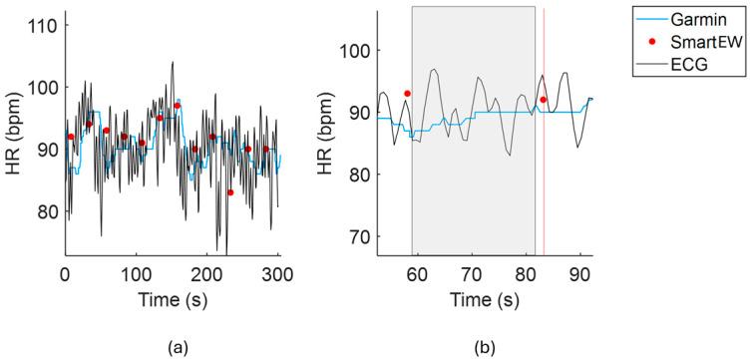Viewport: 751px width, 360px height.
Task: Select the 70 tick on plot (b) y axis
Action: tap(358, 236)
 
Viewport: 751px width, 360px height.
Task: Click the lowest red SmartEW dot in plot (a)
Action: tap(230, 192)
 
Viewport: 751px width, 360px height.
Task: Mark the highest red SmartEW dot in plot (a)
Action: tap(178, 105)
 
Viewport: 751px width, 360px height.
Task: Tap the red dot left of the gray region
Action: tap(407, 93)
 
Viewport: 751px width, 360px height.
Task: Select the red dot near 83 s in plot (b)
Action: tap(544, 100)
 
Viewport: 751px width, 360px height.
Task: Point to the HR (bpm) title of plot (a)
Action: tap(14, 146)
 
